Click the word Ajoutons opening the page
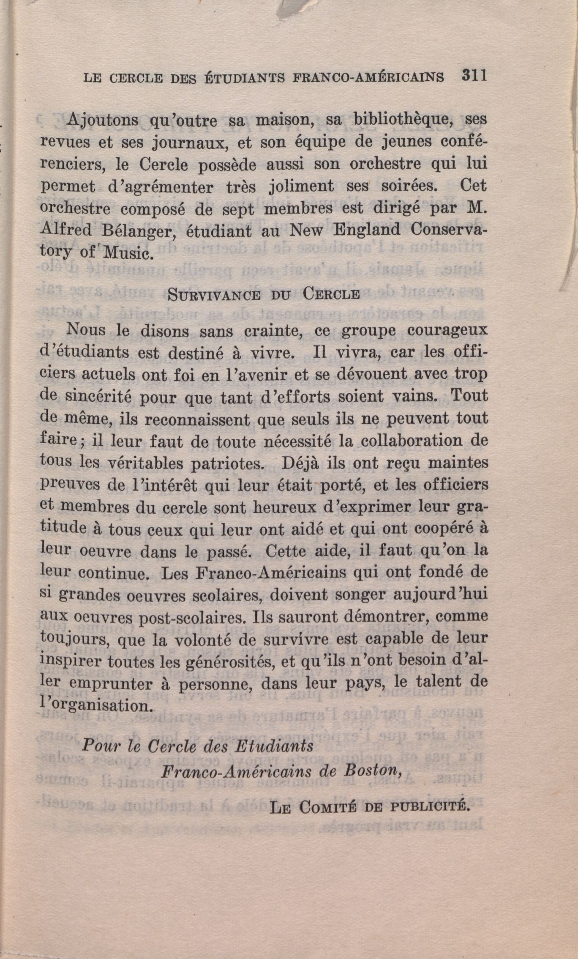(103, 121)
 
